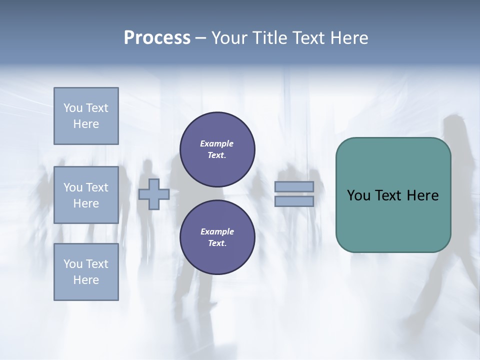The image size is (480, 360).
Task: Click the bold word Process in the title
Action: [157, 37]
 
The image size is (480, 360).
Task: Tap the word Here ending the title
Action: [348, 37]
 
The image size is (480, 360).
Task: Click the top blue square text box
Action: [86, 116]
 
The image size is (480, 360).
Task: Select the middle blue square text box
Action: [86, 195]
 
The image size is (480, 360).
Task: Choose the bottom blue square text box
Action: [86, 272]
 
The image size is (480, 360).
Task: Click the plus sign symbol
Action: [154, 194]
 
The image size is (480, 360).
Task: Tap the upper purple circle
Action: [217, 149]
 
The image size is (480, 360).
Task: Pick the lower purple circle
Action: [217, 237]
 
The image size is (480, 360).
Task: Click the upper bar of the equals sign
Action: [294, 186]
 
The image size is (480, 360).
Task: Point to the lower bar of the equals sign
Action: [294, 201]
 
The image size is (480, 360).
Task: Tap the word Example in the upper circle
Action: [217, 143]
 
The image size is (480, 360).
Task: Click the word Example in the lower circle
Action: [217, 231]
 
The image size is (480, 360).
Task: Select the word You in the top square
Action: [73, 108]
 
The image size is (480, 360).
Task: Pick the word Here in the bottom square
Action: [86, 280]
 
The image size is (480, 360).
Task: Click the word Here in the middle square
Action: [86, 203]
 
